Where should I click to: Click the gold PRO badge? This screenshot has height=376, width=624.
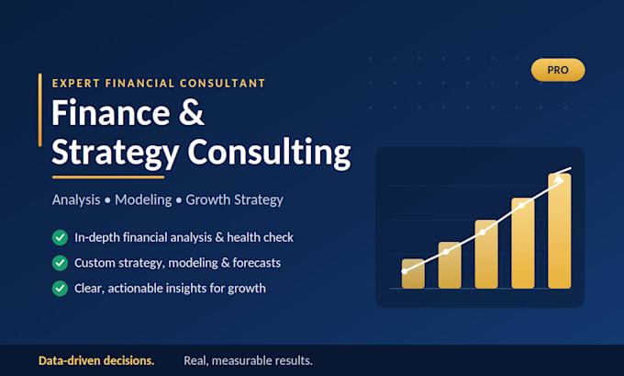pos(558,70)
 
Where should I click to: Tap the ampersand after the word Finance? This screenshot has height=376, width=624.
pos(192,112)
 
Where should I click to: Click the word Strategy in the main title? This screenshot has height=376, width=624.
pos(116,153)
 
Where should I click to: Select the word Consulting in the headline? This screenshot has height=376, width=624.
pos(270,153)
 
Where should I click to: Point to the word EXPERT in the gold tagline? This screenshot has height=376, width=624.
pos(75,83)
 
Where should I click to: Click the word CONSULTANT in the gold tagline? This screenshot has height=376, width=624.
pos(222,83)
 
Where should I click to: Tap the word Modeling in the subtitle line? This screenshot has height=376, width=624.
pos(143,199)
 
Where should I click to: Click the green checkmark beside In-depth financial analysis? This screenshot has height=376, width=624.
pos(60,237)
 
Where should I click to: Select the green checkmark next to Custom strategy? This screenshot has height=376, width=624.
pos(60,263)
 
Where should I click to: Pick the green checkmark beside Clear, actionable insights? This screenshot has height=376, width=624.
pos(60,289)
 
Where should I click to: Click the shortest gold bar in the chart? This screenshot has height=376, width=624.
pos(413,274)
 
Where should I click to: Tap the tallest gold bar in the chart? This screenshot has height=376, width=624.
pos(560,231)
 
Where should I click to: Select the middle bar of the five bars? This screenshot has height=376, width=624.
pos(486,254)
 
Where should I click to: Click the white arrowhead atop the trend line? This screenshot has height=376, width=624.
pos(559,178)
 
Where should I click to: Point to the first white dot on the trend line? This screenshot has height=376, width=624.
pos(405,271)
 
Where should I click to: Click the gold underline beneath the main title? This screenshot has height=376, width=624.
pos(108,177)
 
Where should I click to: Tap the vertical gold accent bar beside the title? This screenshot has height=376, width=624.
pos(39,110)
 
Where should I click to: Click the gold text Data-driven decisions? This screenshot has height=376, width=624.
pos(96,360)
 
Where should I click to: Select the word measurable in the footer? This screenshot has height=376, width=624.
pos(250,360)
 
